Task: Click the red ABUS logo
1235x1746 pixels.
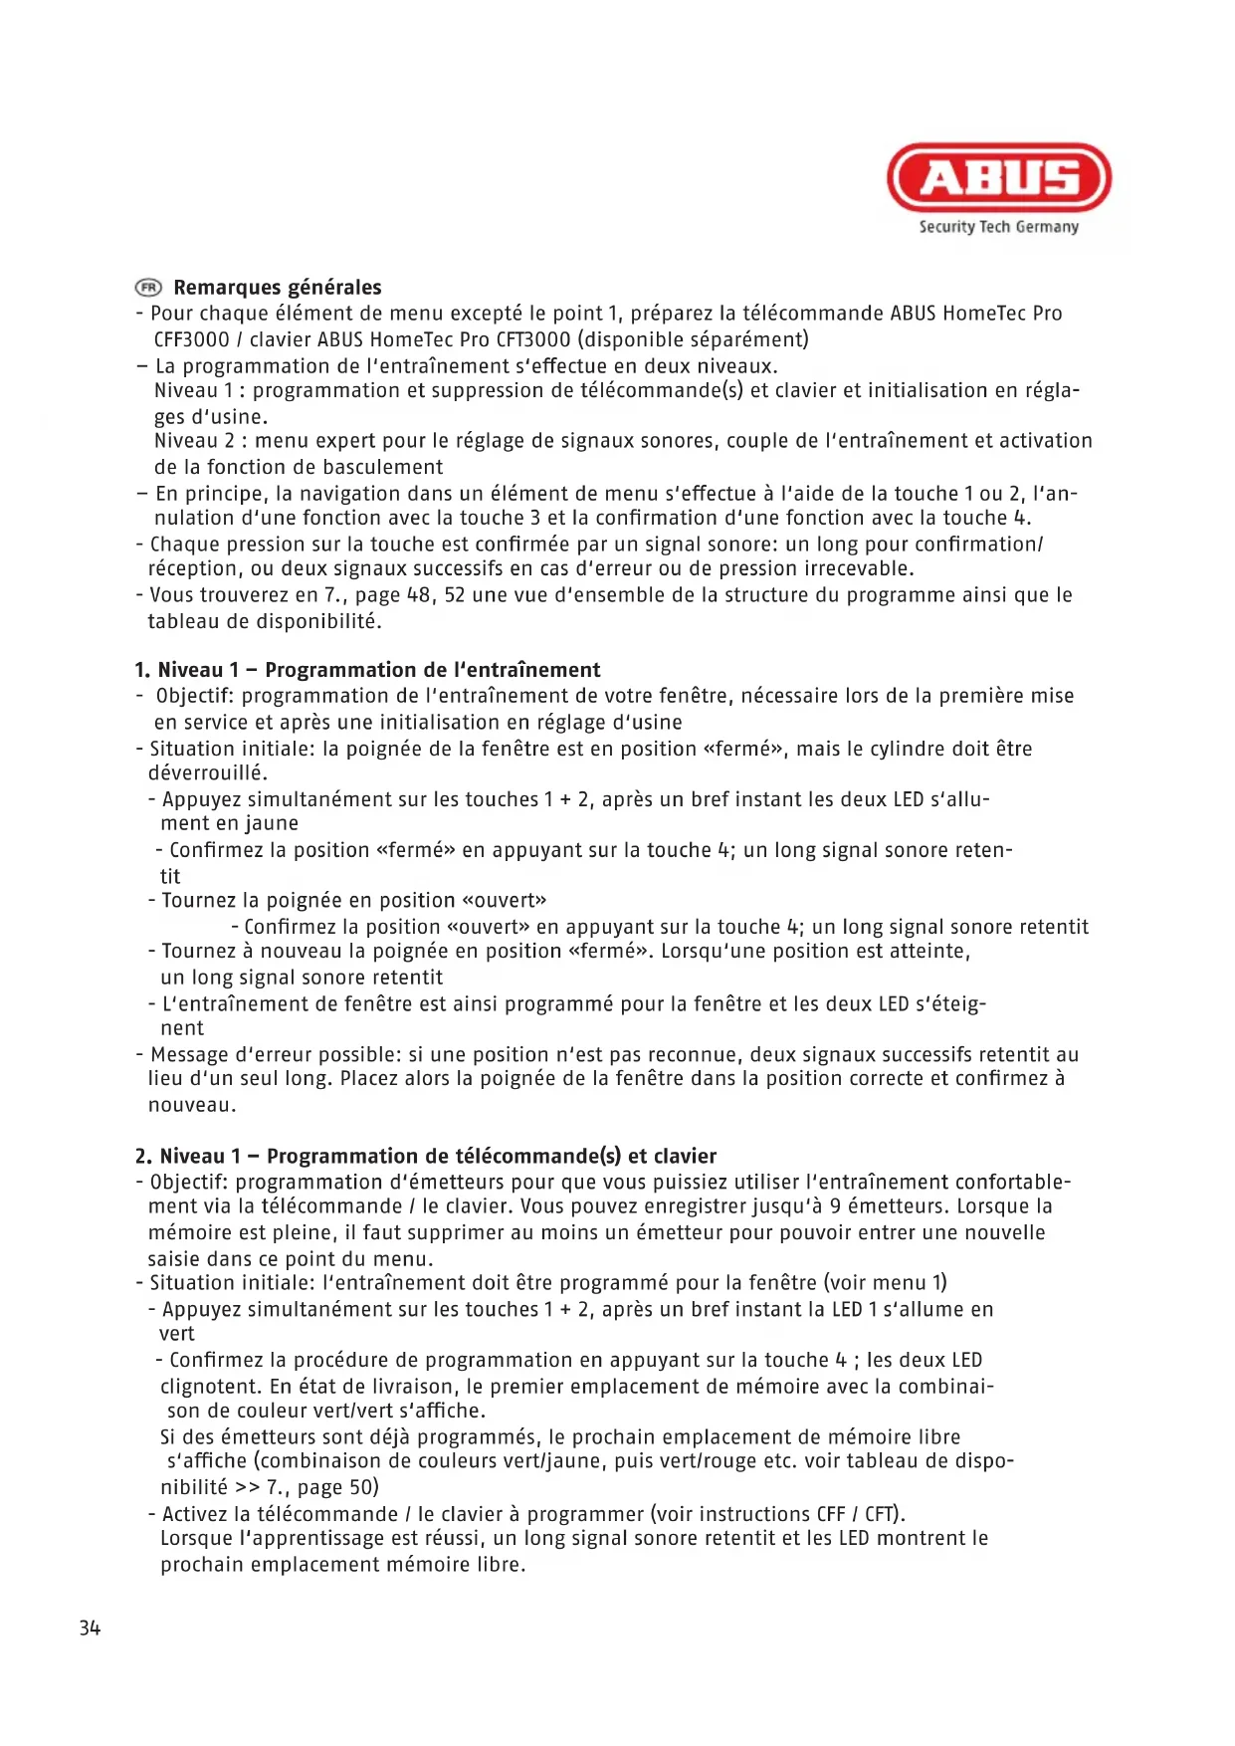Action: pos(998,177)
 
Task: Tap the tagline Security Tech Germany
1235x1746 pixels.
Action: pos(998,227)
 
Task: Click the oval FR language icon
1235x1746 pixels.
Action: pos(148,288)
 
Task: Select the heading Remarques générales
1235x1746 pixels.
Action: pos(278,288)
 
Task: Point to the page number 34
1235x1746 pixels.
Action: pos(90,1628)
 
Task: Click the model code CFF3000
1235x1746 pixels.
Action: pos(191,339)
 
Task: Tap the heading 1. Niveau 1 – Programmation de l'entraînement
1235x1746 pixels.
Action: pos(368,670)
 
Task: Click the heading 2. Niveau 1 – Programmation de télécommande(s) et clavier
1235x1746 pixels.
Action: pos(426,1156)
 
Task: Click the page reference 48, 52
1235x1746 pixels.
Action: pos(435,595)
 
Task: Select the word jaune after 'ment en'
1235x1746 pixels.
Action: pos(270,823)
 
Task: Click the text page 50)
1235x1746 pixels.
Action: pos(337,1487)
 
